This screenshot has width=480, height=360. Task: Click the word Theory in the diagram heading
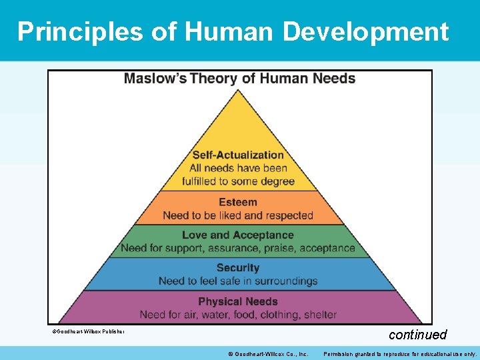pos(214,79)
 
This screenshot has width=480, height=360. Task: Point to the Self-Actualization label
pos(238,155)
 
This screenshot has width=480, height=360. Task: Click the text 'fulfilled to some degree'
pos(238,181)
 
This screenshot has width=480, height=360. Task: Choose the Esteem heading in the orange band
pos(238,202)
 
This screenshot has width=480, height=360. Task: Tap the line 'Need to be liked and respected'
pos(238,215)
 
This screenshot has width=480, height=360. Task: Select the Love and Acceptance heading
pos(238,235)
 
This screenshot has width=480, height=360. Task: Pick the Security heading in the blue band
pos(238,268)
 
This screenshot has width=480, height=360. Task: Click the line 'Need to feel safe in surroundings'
pos(238,281)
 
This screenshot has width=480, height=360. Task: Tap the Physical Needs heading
pos(238,301)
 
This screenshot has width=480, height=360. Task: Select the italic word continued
pos(417,335)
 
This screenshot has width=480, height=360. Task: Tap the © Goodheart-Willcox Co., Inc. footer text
pos(267,353)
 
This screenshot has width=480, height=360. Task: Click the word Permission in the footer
pos(340,353)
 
